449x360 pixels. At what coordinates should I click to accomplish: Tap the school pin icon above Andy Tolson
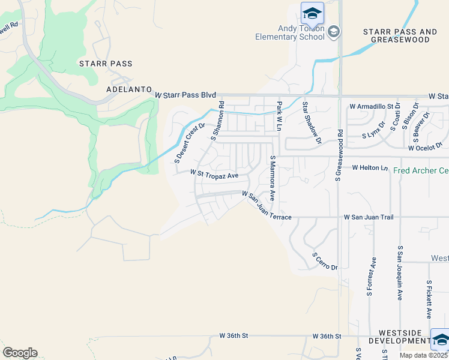pyautogui.click(x=312, y=13)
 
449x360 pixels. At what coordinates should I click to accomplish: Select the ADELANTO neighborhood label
pyautogui.click(x=128, y=89)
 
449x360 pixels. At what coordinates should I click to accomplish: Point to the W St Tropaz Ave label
pyautogui.click(x=214, y=174)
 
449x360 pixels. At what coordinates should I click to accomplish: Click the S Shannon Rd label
pyautogui.click(x=217, y=121)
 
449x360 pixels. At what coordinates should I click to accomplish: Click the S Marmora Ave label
pyautogui.click(x=272, y=178)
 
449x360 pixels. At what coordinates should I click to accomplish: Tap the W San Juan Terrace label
pyautogui.click(x=267, y=205)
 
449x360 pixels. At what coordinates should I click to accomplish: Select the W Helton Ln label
pyautogui.click(x=370, y=167)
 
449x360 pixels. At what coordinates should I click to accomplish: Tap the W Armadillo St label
pyautogui.click(x=375, y=106)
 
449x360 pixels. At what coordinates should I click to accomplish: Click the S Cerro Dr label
pyautogui.click(x=325, y=260)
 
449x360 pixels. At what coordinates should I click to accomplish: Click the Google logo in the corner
pyautogui.click(x=20, y=353)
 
